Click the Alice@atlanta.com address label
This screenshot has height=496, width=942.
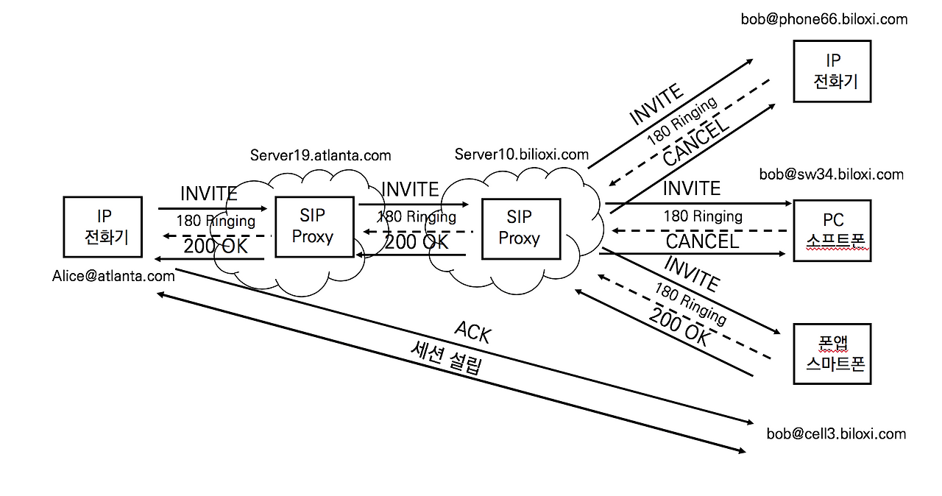(x=113, y=276)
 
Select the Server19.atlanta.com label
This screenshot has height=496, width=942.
(x=320, y=155)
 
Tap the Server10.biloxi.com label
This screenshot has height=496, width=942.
(x=521, y=154)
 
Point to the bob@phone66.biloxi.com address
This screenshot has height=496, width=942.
(x=824, y=19)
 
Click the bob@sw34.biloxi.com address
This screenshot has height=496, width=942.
(x=831, y=174)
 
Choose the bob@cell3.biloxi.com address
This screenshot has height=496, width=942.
(x=836, y=433)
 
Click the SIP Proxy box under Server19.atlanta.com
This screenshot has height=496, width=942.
(x=313, y=226)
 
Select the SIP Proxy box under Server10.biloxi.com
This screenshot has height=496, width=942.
(x=520, y=228)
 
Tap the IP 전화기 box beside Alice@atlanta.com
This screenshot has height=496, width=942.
(x=103, y=227)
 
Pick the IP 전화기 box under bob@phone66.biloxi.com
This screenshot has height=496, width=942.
(x=832, y=71)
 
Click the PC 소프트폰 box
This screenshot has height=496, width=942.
(x=832, y=230)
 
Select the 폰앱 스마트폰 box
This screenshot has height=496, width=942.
(x=832, y=354)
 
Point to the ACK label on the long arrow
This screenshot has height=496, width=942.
(x=472, y=332)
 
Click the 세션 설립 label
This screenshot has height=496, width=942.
(x=446, y=358)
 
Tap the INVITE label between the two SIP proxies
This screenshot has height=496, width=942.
(x=410, y=190)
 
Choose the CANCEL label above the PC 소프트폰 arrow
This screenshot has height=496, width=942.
(x=702, y=241)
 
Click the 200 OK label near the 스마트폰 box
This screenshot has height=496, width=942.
(x=679, y=326)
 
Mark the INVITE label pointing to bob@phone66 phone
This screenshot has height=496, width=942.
(x=656, y=105)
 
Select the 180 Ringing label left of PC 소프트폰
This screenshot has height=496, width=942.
(x=702, y=216)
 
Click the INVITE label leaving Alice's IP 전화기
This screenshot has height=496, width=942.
(x=209, y=194)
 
